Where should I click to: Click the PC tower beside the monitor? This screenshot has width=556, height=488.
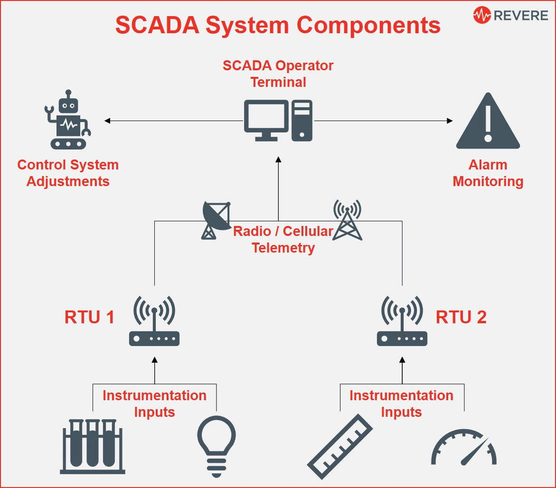[x=302, y=121]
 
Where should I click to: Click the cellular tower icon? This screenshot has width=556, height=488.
[x=347, y=220]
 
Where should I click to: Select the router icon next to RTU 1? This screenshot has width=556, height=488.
[x=154, y=321]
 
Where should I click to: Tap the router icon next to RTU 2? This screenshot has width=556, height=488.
[x=402, y=321]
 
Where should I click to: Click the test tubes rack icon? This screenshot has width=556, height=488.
[x=93, y=447]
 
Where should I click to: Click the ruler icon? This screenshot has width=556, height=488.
[x=339, y=447]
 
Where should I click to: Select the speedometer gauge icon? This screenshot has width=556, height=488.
[x=464, y=447]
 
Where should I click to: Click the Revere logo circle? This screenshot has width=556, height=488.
[x=482, y=15]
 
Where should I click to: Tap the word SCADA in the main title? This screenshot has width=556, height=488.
[x=158, y=25]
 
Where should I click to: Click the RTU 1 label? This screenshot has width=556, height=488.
[x=89, y=317]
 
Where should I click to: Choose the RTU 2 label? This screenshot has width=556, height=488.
[x=461, y=317]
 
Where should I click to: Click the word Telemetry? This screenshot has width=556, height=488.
[x=283, y=248]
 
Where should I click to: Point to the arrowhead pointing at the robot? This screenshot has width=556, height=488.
[x=107, y=121]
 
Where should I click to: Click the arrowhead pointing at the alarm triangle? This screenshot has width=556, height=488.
[x=450, y=121]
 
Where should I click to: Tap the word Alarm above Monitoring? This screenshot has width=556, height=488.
[x=488, y=165]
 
